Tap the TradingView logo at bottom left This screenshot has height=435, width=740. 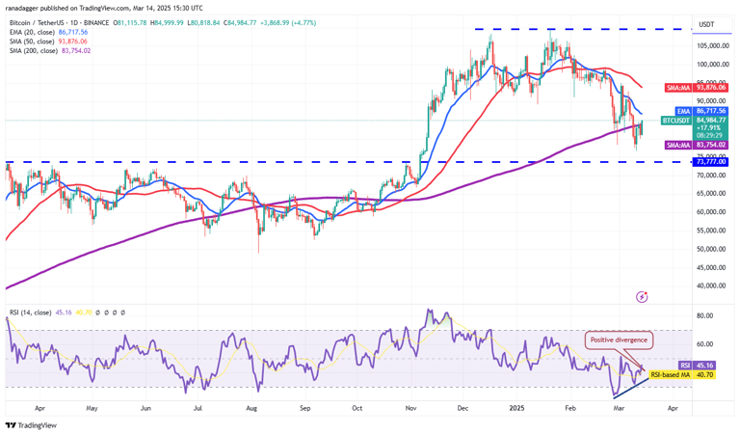(31, 424)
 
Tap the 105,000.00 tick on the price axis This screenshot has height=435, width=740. (712, 46)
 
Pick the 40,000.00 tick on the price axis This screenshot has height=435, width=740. (712, 285)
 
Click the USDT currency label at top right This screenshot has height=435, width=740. (706, 24)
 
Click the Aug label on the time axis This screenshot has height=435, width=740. (252, 407)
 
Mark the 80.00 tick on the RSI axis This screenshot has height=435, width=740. (705, 315)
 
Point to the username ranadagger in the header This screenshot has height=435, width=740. (28, 8)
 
